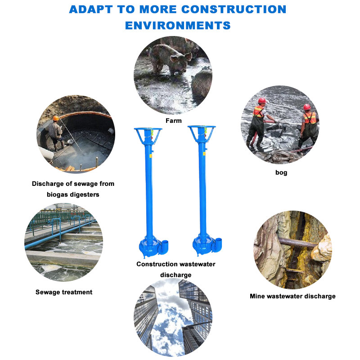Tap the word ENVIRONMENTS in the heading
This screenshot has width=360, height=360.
[178, 25]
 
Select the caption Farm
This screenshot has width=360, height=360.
[173, 121]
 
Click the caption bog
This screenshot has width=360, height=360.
[281, 172]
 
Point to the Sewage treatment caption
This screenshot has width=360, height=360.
[64, 292]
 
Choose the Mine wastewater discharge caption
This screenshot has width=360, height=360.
[292, 296]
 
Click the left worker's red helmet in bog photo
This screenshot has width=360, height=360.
[262, 100]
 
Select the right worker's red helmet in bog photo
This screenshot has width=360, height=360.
[307, 107]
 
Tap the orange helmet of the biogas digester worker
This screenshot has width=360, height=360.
[56, 118]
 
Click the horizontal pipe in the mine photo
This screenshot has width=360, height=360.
[297, 243]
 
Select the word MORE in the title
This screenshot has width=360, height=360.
[177, 9]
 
